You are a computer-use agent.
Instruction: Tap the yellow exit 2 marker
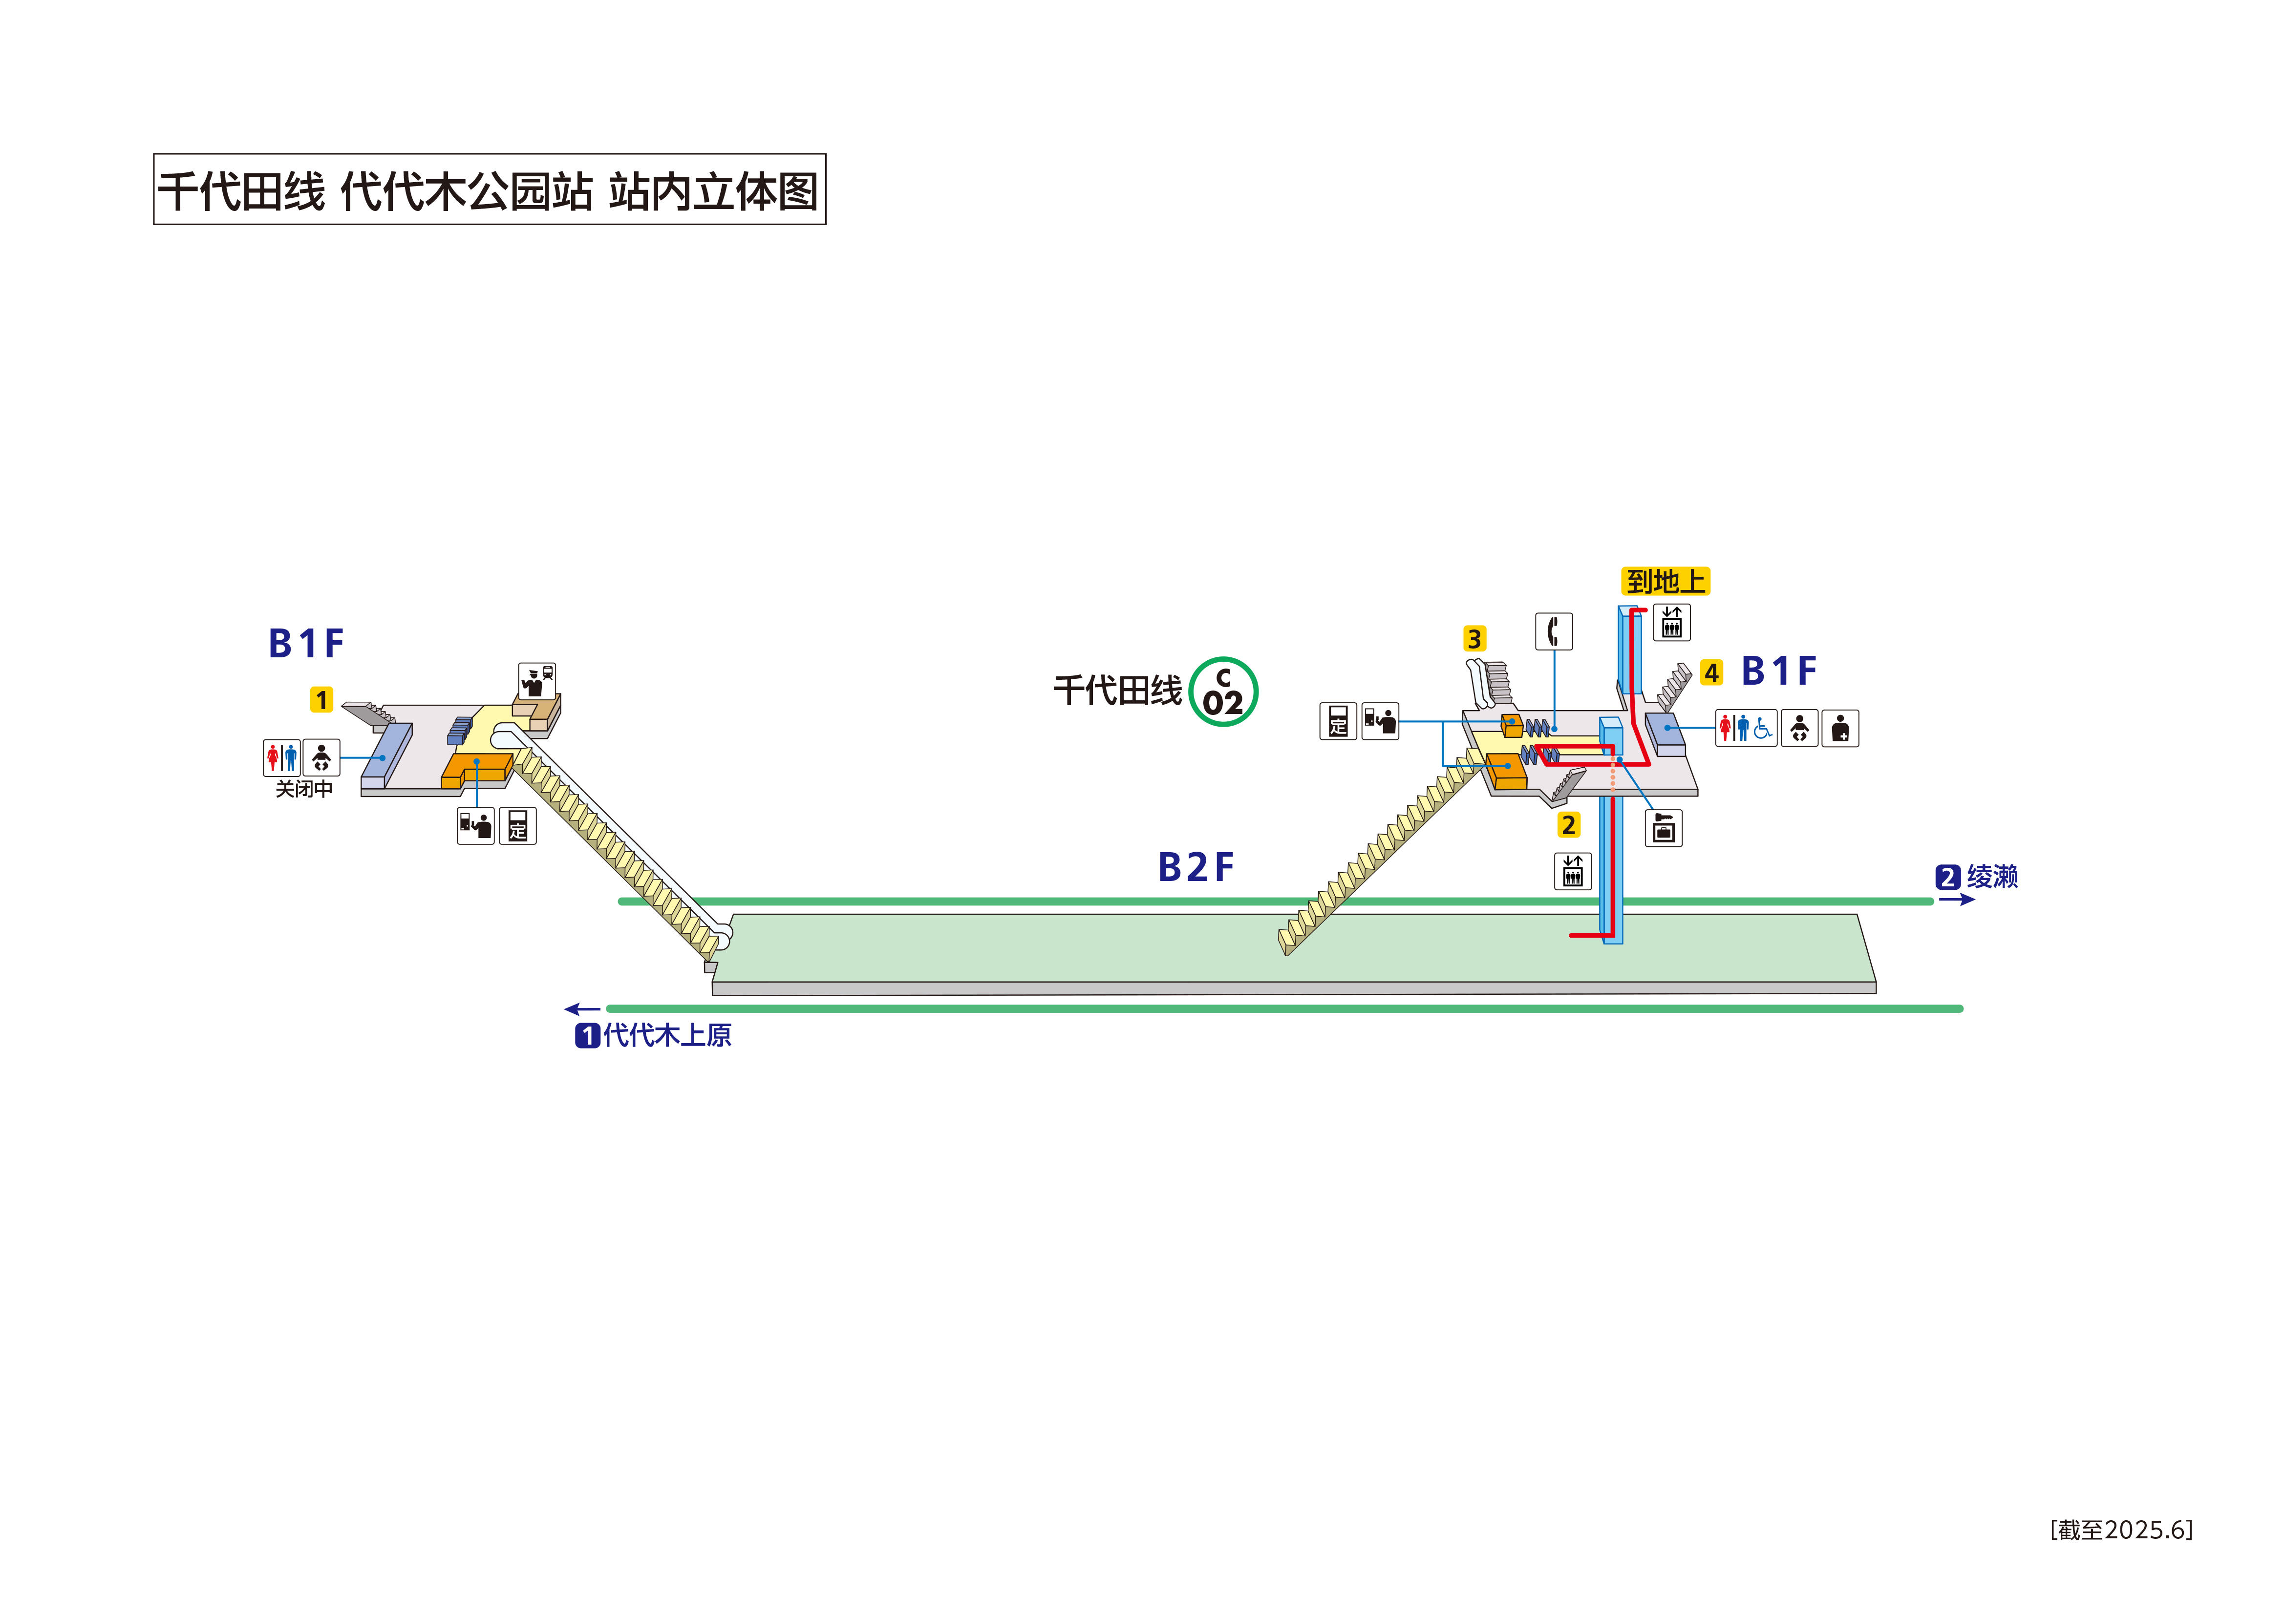click(1568, 825)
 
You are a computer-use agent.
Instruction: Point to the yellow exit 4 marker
click(1711, 672)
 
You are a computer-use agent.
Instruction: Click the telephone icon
click(1554, 631)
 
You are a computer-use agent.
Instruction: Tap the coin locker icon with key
click(1663, 828)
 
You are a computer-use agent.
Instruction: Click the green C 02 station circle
click(1223, 692)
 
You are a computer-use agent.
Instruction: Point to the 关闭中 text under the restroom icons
click(303, 789)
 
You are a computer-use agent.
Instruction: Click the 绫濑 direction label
click(1991, 877)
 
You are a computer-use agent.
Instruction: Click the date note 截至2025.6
click(2121, 1530)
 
